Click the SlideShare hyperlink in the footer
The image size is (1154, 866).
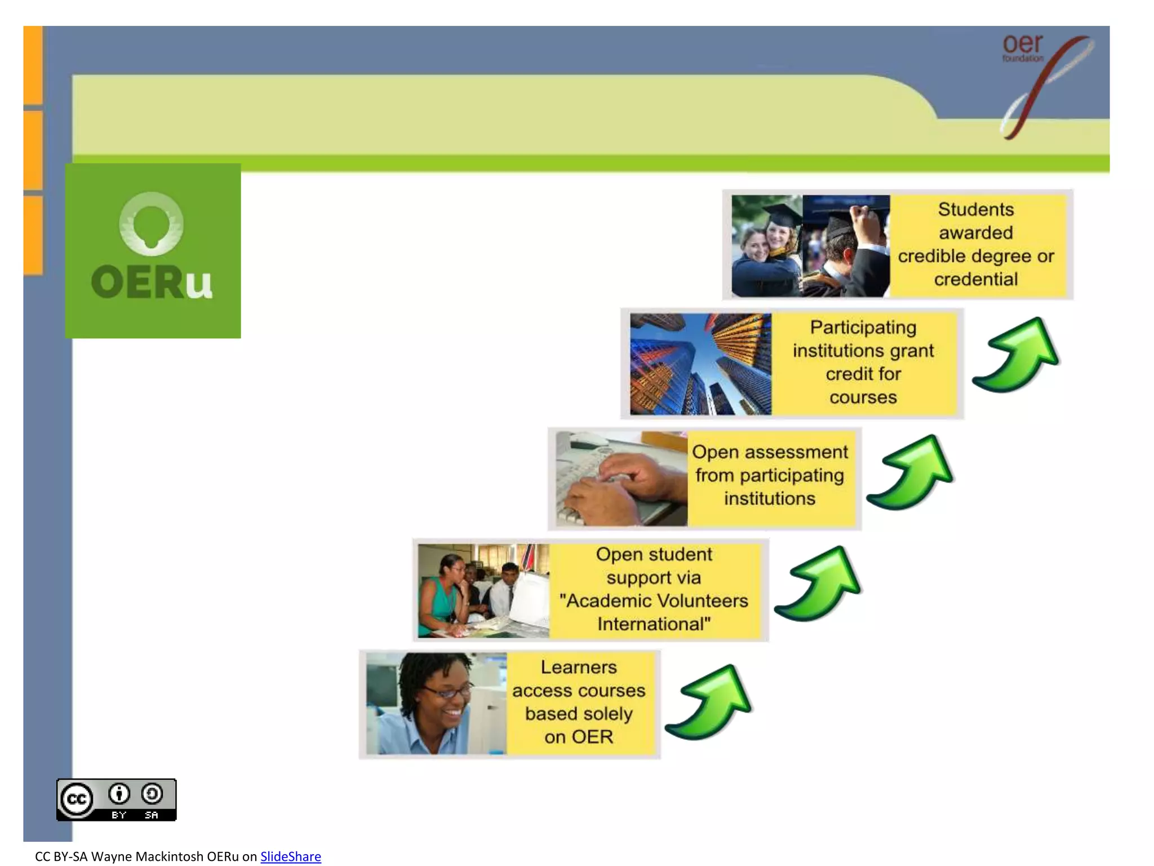(290, 856)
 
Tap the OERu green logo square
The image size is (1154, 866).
(153, 251)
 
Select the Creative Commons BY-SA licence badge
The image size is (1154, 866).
(116, 799)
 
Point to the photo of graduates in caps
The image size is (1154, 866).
(810, 246)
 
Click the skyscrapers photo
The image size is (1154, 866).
(700, 364)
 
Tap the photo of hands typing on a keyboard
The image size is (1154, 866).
(621, 479)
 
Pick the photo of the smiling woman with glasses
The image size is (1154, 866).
(436, 703)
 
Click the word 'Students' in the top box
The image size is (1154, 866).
(976, 210)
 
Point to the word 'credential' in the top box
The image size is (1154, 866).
(976, 279)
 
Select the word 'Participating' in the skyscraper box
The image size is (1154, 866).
(863, 328)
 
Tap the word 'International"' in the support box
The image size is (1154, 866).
(654, 624)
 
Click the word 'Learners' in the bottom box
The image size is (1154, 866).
(579, 668)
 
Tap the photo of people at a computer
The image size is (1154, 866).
(483, 590)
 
